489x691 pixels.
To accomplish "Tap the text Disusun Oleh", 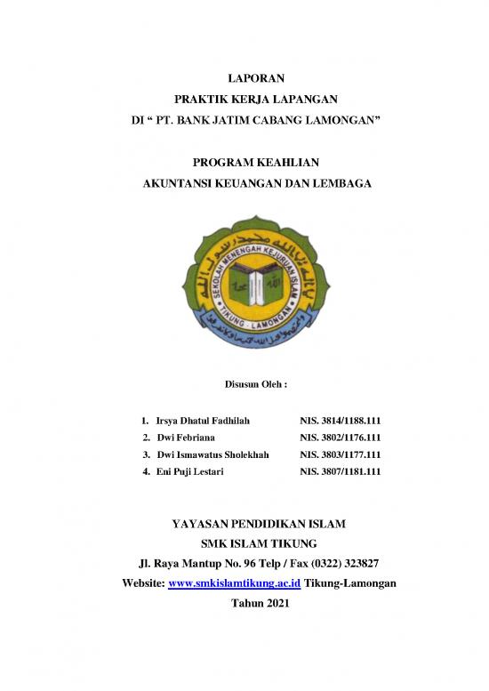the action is [x=244, y=385].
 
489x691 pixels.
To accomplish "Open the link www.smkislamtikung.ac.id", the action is [x=233, y=583].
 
